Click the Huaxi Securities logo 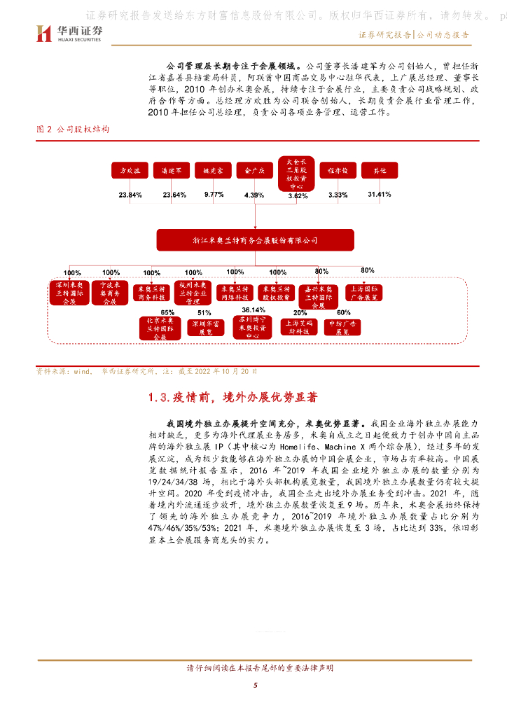[69, 34]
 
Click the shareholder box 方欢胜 [130, 170]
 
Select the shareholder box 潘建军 [172, 170]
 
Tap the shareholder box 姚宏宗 [213, 170]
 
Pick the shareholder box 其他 [378, 170]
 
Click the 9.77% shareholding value [214, 195]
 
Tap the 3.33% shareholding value [338, 195]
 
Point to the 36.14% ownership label [253, 309]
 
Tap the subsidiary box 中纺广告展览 [342, 328]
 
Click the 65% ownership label [167, 312]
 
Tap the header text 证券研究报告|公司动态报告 [413, 34]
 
